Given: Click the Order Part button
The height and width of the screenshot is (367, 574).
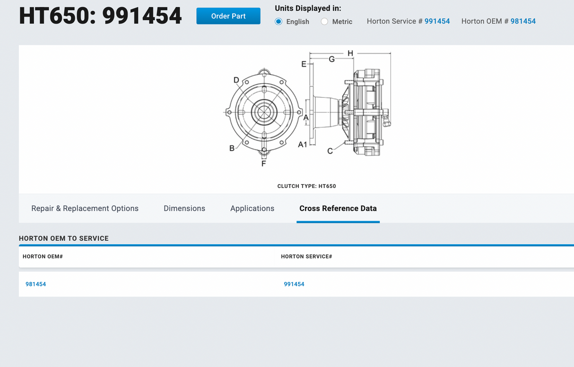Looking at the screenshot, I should pos(228,16).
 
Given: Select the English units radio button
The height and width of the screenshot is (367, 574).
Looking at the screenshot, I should pos(278,22).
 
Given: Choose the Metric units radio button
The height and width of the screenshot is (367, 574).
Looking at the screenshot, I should pos(324,22).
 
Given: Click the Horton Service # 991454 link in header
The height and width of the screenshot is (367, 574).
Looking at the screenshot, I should pos(437,21).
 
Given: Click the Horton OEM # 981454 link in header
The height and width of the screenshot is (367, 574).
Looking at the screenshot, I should pos(523,21).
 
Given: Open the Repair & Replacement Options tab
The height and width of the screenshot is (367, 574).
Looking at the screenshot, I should pos(85,208).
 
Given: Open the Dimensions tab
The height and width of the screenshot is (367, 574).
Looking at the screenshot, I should pos(184,208).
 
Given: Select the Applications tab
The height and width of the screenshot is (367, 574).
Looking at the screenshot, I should pos(252,208).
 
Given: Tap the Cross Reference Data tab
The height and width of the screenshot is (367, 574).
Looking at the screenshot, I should pos(338,208).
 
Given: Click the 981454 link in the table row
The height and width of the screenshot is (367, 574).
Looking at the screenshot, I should pos(36,284).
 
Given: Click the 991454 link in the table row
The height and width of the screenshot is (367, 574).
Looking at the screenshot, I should pos(294,284).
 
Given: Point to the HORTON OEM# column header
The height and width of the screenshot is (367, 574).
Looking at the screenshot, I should pos(43,256).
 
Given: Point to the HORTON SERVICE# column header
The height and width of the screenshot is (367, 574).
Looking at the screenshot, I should pos(306,256).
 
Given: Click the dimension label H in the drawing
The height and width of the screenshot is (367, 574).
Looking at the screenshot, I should pos(350,53).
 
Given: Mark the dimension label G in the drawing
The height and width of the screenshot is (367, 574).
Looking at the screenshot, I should pos(331,59).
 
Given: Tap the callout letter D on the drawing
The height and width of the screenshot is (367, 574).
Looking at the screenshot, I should pos(236,80).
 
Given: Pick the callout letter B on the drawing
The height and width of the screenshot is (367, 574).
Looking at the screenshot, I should pos(232,148).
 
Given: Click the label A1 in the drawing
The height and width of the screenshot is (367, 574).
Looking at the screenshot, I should pos(303,145).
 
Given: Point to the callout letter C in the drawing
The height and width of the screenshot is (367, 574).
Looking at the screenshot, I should pos(330,151).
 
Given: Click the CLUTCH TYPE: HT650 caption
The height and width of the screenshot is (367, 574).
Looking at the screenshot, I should pos(306,186).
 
